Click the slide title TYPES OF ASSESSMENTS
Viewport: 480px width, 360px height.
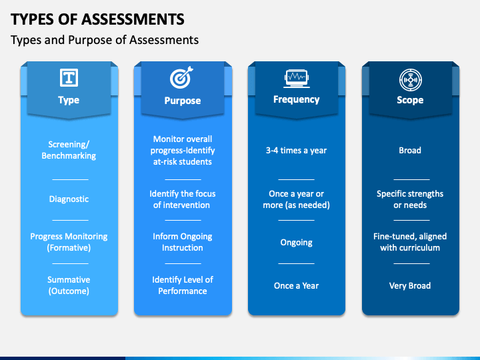(x=98, y=18)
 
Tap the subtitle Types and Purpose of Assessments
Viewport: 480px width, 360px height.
(x=105, y=40)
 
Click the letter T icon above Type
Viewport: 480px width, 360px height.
(x=69, y=78)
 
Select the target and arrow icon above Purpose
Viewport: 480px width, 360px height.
(x=182, y=78)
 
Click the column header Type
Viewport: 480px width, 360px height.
(x=69, y=100)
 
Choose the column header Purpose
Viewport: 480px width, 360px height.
(x=182, y=101)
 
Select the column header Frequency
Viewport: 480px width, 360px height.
(x=296, y=99)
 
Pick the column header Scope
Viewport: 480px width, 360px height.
(x=410, y=100)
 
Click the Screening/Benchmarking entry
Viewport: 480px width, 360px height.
(x=69, y=150)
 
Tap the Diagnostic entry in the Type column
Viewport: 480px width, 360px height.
(x=69, y=199)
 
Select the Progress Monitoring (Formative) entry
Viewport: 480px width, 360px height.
(x=69, y=242)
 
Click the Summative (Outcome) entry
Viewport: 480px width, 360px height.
(x=69, y=285)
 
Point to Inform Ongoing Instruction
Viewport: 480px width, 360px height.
(x=182, y=242)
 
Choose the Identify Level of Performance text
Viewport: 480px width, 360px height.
(x=182, y=285)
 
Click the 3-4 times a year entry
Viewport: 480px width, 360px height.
(x=296, y=150)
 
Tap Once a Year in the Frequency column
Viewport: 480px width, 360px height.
(x=296, y=285)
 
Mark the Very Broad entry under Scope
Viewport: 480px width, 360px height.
(x=410, y=285)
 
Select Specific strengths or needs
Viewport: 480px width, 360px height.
(x=410, y=199)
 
